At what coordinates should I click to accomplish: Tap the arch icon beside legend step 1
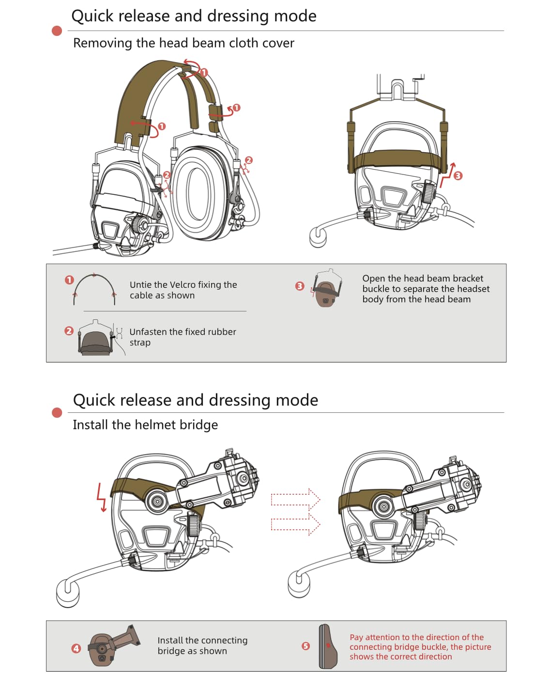(94, 290)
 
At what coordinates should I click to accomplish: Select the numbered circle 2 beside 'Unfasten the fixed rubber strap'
(69, 331)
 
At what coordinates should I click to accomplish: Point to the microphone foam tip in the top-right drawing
(318, 237)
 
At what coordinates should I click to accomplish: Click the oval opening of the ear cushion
(198, 193)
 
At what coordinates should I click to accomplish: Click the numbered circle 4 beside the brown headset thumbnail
(76, 648)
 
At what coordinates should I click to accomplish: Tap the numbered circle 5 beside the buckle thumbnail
(305, 646)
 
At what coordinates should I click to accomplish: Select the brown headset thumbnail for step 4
(112, 646)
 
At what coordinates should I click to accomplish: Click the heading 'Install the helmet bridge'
(145, 425)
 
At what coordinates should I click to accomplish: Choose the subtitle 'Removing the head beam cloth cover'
(183, 43)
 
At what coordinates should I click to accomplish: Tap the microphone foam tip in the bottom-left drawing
(68, 593)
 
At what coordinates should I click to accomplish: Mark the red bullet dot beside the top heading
(57, 31)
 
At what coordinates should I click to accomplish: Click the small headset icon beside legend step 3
(328, 288)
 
